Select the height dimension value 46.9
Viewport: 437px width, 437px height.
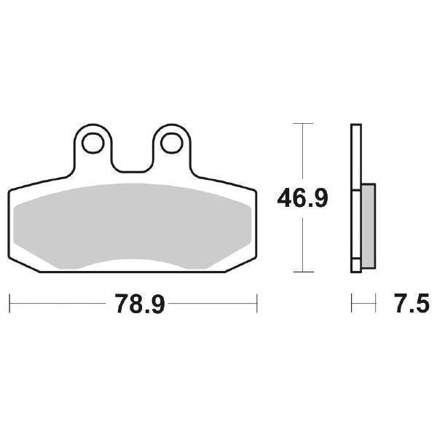(x=301, y=198)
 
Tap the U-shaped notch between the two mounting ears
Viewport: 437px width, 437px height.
(x=132, y=157)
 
